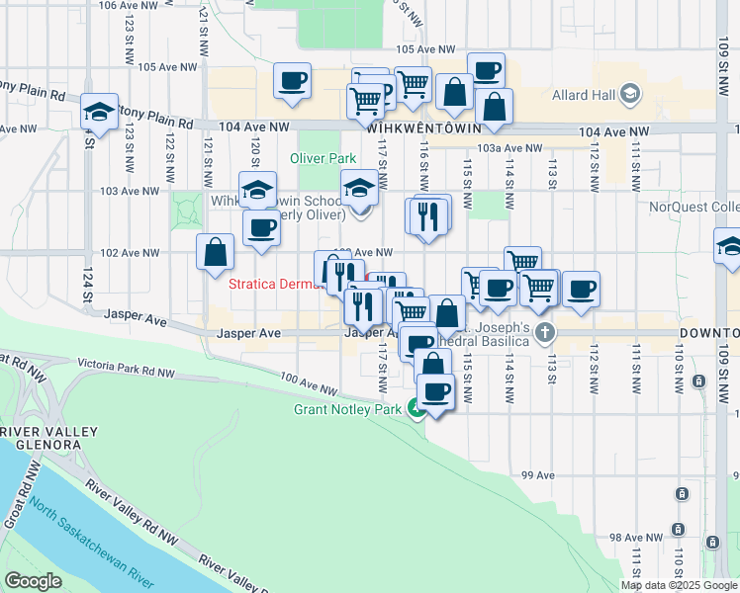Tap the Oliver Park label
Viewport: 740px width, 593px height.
pyautogui.click(x=323, y=158)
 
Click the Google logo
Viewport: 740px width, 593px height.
pyautogui.click(x=34, y=581)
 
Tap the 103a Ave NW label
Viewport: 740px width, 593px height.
pyautogui.click(x=509, y=148)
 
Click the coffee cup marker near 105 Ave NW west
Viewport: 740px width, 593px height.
pyautogui.click(x=293, y=81)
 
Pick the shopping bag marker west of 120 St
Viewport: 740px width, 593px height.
pyautogui.click(x=215, y=252)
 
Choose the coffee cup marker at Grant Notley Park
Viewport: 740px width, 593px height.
pyautogui.click(x=433, y=392)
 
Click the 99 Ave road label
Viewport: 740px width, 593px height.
pyautogui.click(x=538, y=475)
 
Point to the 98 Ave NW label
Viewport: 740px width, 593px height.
pyautogui.click(x=627, y=538)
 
